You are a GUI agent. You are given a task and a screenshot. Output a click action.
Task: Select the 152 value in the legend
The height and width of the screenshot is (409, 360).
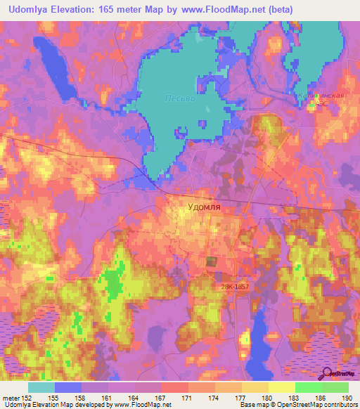(x=34, y=397)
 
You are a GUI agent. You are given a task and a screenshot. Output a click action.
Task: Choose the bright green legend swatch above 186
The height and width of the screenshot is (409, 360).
(x=308, y=387)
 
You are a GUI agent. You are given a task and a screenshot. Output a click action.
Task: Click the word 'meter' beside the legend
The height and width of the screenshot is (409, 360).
(x=11, y=397)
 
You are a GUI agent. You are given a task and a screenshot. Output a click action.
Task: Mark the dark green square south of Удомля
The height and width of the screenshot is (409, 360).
(x=212, y=262)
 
